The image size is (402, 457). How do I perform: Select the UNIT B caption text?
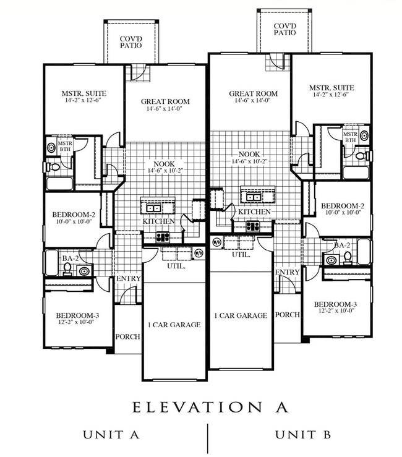point(302,435)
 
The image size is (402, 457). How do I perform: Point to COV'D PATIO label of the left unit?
point(132,42)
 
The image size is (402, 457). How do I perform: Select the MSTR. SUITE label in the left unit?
point(85,93)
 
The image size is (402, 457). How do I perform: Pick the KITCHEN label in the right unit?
point(254,211)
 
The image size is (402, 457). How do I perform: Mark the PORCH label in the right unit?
point(288,314)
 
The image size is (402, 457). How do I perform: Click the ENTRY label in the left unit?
point(129,279)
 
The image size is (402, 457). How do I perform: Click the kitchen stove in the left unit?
point(162,236)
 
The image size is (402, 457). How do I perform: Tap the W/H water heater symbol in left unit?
point(199,253)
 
